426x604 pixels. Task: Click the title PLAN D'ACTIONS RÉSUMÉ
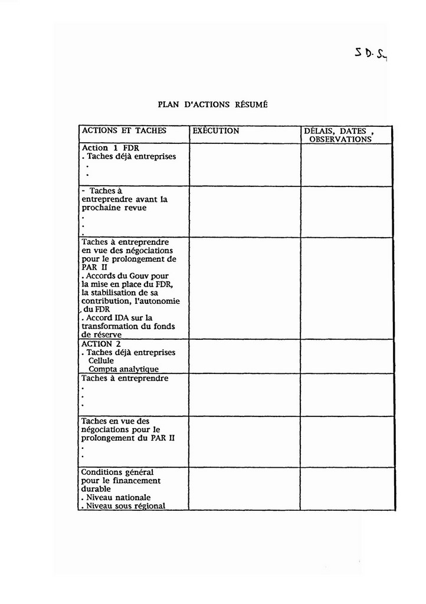point(212,104)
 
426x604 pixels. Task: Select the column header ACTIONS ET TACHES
point(124,131)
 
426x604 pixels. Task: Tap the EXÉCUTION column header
point(216,131)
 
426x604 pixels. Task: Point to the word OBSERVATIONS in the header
point(340,140)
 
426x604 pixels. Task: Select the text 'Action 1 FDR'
point(110,148)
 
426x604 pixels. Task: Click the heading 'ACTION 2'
point(97,344)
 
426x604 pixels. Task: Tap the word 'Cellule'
point(101,360)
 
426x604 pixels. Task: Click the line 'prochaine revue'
point(114,208)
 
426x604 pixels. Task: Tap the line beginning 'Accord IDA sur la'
point(117,318)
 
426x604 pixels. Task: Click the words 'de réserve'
point(101,335)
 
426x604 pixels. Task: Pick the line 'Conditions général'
point(117,472)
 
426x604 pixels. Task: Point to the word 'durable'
point(96,489)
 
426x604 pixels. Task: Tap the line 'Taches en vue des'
point(115,422)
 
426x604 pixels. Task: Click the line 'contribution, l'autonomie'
point(130,301)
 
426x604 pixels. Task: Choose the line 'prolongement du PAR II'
point(128,438)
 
